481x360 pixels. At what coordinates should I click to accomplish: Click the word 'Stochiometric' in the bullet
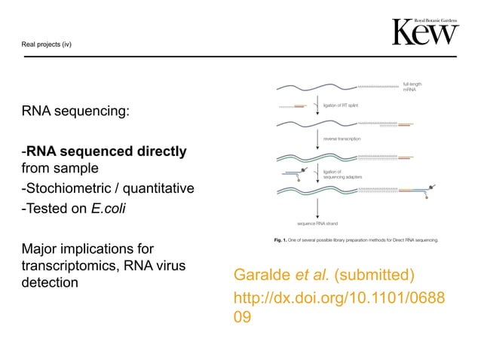tap(67, 188)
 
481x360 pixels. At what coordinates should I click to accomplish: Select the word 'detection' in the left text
tap(52, 282)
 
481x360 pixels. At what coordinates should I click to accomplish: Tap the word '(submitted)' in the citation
tap(380, 273)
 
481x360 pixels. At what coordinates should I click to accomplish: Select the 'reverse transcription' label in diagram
tap(344, 139)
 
